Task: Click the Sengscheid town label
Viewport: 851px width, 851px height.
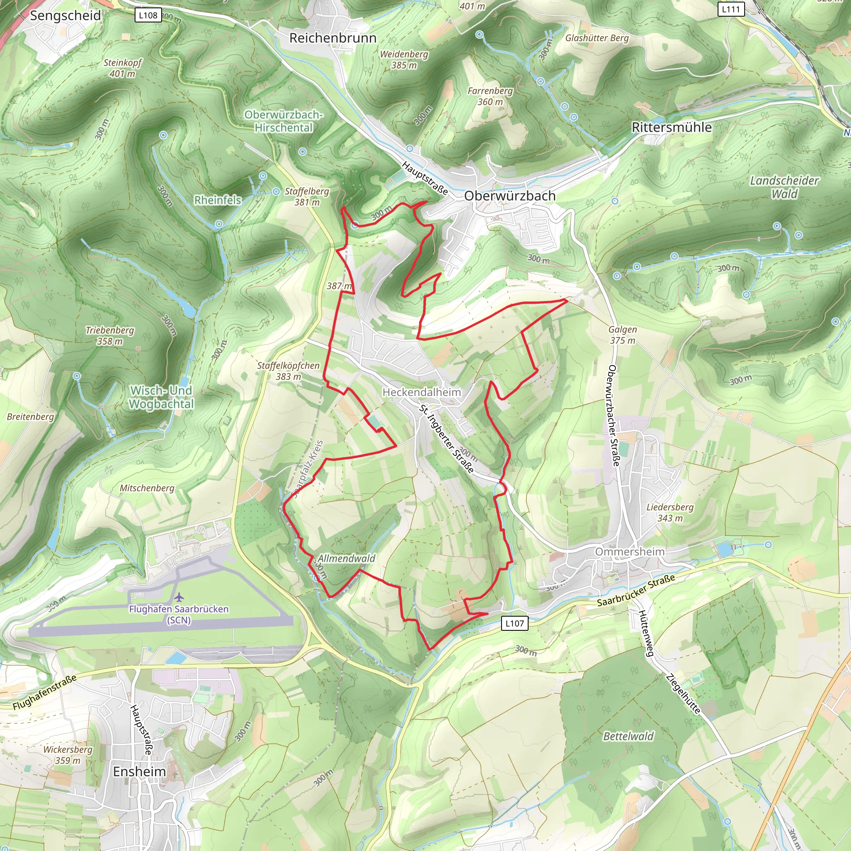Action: (65, 16)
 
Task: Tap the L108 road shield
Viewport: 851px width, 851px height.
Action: (148, 15)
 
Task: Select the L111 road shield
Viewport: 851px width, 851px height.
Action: (731, 9)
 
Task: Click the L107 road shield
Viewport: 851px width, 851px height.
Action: (514, 623)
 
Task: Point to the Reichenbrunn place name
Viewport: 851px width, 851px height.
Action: (332, 38)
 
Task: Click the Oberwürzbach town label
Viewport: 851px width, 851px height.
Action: (509, 196)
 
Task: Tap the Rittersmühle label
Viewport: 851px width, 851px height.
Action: (671, 127)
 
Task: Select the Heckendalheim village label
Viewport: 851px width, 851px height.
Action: (421, 392)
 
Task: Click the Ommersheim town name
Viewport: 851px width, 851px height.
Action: (630, 551)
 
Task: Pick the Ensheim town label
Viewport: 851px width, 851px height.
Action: (139, 771)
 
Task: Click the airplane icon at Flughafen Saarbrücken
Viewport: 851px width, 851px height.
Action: (179, 597)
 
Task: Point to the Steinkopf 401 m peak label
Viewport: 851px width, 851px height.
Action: (123, 68)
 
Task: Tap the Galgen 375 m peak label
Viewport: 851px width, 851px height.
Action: (622, 335)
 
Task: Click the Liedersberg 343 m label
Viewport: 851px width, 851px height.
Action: (669, 512)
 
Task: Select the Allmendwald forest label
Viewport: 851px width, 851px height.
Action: (347, 558)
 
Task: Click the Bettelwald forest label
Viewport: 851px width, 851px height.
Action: (628, 736)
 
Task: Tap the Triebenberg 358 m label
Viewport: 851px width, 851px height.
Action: (110, 335)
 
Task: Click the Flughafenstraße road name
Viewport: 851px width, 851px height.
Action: (44, 692)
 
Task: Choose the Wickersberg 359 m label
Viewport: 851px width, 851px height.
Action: (68, 755)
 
